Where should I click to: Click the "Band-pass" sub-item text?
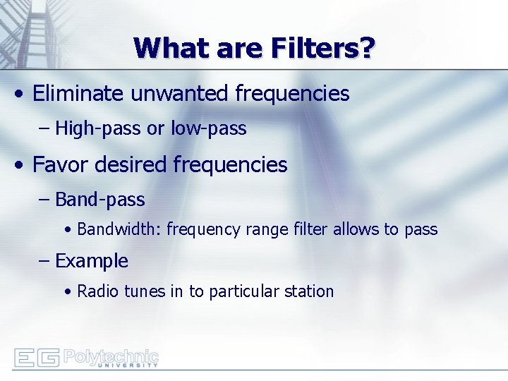[x=99, y=200]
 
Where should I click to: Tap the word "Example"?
[x=92, y=261]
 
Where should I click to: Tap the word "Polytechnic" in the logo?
[x=111, y=355]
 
